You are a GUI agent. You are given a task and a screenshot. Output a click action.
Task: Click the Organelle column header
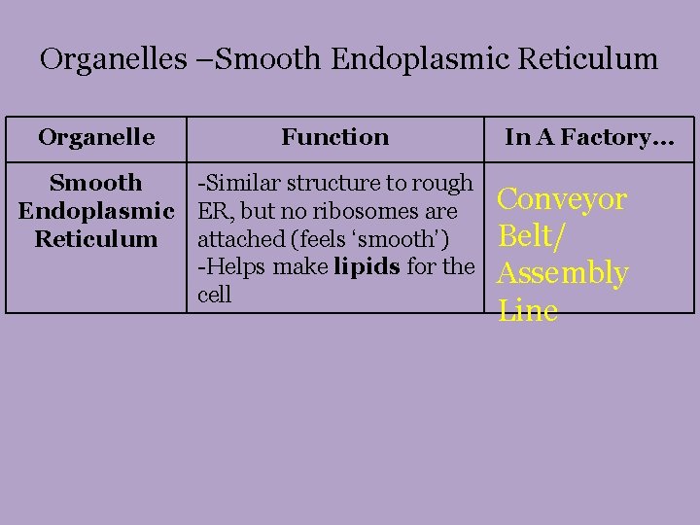(x=96, y=137)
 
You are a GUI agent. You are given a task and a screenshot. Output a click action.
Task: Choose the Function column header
(x=334, y=137)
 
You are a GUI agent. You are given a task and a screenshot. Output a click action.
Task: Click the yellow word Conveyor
(x=561, y=199)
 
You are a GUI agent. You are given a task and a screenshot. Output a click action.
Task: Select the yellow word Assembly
(x=562, y=274)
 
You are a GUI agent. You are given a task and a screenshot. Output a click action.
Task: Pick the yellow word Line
(x=527, y=311)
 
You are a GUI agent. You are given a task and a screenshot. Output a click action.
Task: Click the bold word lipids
(x=366, y=266)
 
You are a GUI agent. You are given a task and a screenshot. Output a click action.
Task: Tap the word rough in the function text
(x=443, y=183)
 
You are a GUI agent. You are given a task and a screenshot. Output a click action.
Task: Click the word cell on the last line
(x=214, y=295)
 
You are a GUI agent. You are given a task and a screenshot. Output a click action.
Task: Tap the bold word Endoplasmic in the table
(x=96, y=211)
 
